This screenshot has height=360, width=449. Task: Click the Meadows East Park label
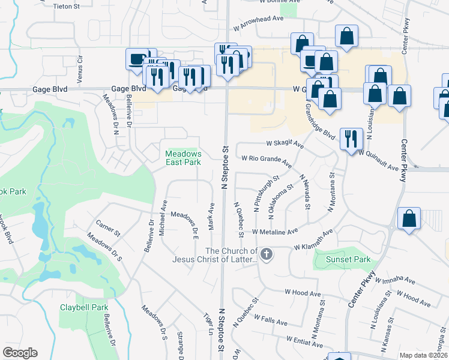pos(183,158)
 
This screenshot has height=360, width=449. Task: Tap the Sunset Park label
pos(348,260)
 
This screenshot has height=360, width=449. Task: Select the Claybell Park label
pos(83,307)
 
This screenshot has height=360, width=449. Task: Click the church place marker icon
pos(267,254)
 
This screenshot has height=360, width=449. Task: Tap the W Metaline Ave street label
pos(275,231)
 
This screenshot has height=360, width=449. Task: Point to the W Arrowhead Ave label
pos(258,23)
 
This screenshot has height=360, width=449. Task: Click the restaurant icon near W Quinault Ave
pos(351,137)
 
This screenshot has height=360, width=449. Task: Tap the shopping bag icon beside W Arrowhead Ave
pos(347,36)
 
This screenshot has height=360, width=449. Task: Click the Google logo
pos(20,353)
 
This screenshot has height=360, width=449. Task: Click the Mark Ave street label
pos(211,215)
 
